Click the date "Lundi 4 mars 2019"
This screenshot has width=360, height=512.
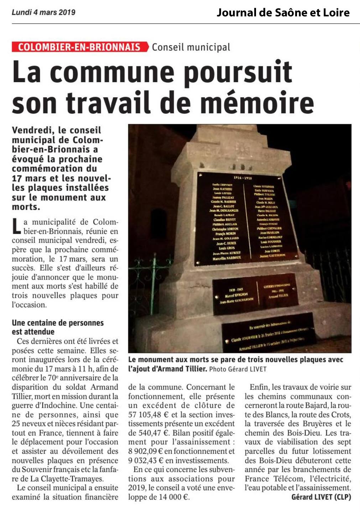[43, 12]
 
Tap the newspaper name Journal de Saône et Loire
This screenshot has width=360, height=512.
[283, 13]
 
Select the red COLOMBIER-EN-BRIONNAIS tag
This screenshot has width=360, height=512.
[79, 47]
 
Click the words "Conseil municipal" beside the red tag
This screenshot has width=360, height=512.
[191, 47]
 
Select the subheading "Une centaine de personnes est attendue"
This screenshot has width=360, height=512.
[58, 327]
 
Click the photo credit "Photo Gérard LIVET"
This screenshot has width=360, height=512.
[238, 369]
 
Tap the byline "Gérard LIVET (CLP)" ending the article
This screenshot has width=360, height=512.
[321, 497]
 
